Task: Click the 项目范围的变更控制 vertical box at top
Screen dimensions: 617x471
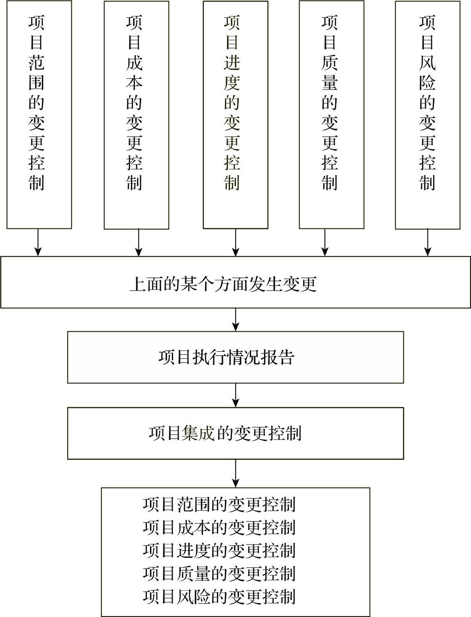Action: point(39,115)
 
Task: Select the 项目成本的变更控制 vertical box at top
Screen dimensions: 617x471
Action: point(136,115)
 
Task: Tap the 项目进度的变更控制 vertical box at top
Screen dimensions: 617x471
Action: point(235,115)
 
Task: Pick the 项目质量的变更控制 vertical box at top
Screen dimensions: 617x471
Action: point(331,115)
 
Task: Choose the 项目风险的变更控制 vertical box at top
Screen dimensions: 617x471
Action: point(427,115)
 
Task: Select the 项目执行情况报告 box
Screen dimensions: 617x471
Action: point(235,357)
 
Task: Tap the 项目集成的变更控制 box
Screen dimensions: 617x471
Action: point(235,433)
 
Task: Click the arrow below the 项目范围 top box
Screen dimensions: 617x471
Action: point(38,243)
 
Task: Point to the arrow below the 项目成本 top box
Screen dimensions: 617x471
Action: point(138,243)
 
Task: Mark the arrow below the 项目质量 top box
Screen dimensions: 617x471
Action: point(325,243)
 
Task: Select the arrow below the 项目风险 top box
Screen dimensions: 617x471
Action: point(428,243)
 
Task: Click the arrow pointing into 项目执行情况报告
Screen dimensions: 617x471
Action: point(235,320)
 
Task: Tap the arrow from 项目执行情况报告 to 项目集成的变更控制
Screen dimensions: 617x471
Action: point(235,395)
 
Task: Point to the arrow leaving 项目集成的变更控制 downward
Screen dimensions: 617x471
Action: point(235,474)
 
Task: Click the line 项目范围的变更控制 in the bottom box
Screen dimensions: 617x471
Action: point(219,505)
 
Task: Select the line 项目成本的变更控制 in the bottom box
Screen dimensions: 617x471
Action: point(219,528)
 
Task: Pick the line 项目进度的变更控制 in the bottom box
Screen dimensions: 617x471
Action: point(219,551)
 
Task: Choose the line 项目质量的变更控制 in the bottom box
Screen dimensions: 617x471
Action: point(219,573)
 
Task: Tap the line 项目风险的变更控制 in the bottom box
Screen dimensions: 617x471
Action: point(219,597)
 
